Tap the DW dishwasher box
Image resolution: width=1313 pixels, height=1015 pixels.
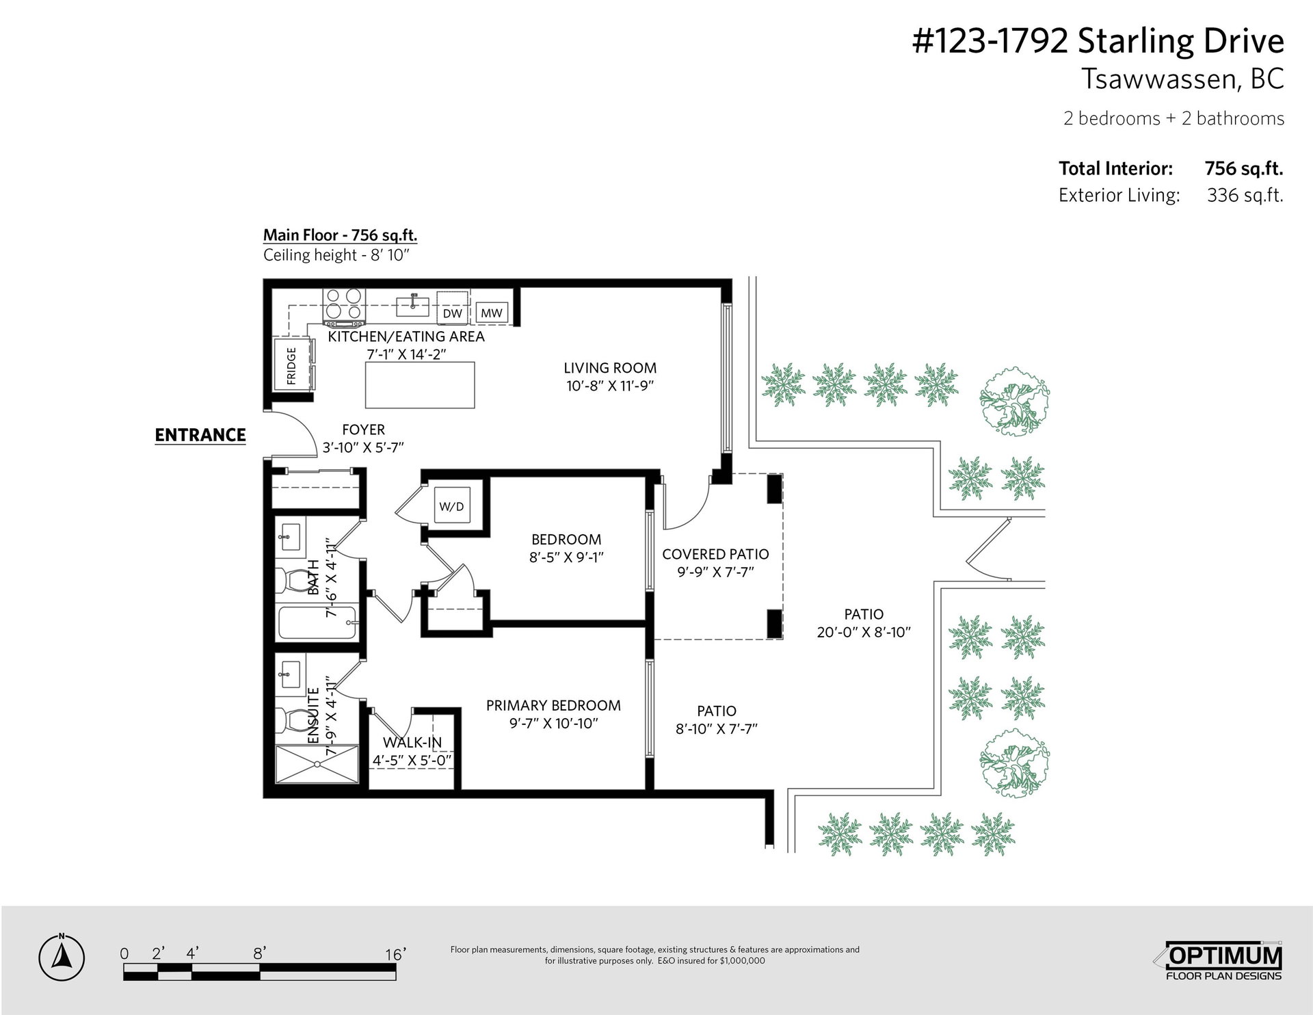tap(453, 313)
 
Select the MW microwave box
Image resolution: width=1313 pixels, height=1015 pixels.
tap(492, 313)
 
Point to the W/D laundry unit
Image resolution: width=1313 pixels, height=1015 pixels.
tap(451, 507)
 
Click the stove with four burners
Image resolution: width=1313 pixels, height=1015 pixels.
tap(344, 307)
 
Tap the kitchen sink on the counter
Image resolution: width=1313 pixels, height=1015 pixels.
tap(413, 306)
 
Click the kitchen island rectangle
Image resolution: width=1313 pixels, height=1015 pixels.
tap(420, 385)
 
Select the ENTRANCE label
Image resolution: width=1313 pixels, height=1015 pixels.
tap(200, 435)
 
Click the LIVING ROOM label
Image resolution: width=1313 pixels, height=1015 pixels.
tap(611, 368)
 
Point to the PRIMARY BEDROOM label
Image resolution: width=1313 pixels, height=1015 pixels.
tap(553, 705)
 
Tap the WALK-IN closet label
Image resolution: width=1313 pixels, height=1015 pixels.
tap(412, 742)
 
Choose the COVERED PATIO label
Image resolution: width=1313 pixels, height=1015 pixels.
tap(715, 554)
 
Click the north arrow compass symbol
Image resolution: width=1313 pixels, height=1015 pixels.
tap(62, 958)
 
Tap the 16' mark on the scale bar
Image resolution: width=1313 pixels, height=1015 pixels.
tap(395, 953)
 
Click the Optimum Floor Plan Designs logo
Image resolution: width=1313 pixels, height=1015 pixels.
tap(1223, 961)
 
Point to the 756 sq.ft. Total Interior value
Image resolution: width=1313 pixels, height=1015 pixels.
tap(1243, 168)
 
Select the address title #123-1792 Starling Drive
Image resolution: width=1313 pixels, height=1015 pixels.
tap(1098, 42)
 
